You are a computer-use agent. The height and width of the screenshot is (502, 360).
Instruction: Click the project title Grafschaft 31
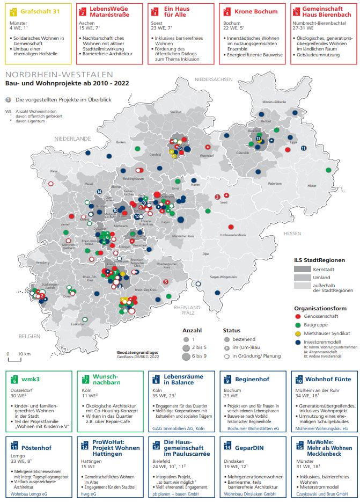coord(39,11)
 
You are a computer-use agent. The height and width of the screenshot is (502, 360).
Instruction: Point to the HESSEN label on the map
coord(293,234)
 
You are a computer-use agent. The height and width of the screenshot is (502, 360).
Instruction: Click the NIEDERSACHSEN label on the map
coord(214,79)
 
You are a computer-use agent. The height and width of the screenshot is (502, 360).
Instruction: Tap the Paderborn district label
coord(275,183)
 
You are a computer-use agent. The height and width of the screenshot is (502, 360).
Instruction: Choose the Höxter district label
coord(312,185)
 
